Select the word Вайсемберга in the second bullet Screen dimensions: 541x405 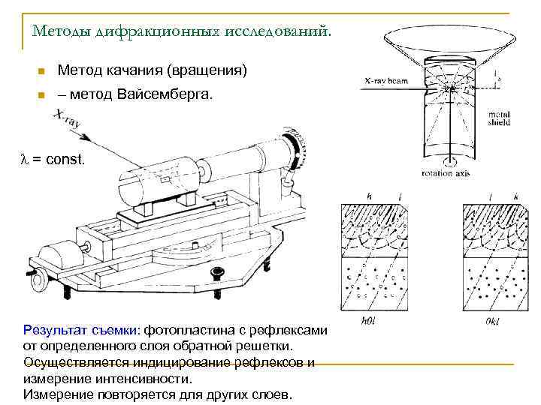(165, 95)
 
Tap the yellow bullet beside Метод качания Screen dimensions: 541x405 (41, 72)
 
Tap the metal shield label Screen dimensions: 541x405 (498, 118)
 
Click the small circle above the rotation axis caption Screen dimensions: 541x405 (449, 161)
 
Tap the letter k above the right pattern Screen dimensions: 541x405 (515, 198)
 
